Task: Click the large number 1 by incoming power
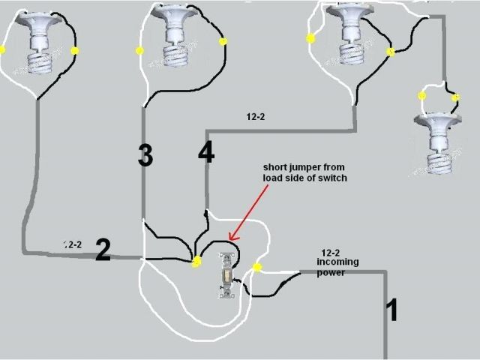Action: pos(391,309)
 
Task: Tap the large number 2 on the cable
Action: pos(103,250)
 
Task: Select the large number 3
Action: pos(145,154)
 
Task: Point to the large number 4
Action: pos(206,153)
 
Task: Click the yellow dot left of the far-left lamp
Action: pos(2,50)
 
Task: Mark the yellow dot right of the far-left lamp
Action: pos(74,51)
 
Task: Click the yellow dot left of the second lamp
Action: pos(139,51)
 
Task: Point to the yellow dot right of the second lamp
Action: pos(222,41)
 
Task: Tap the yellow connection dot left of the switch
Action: pos(197,261)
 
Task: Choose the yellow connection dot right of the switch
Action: pos(257,268)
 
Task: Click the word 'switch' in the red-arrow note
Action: pos(334,177)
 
